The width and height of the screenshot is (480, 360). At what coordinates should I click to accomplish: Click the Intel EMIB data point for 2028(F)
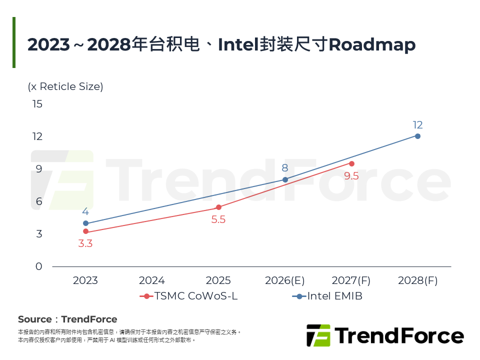point(417,136)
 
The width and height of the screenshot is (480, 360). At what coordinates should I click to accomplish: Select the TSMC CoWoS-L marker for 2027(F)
point(351,163)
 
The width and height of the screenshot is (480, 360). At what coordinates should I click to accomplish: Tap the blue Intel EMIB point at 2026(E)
point(285,179)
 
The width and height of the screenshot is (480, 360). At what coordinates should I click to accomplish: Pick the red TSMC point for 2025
point(218,207)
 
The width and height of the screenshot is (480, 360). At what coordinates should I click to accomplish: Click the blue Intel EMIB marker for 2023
point(85,223)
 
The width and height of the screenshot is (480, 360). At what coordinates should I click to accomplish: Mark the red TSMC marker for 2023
point(85,231)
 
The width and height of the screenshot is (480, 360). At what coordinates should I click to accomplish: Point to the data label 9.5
point(351,175)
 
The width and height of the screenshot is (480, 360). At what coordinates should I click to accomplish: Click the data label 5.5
point(218,219)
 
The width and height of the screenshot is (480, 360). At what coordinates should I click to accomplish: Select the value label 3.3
point(85,244)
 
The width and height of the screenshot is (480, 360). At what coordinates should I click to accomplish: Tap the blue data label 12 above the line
point(417,125)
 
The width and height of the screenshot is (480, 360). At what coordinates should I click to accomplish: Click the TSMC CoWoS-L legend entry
point(189,296)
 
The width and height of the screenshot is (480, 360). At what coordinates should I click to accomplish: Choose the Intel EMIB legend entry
point(327,296)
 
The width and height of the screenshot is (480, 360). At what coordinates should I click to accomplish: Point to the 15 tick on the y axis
point(37,104)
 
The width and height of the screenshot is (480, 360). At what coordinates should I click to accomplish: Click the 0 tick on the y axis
point(39,266)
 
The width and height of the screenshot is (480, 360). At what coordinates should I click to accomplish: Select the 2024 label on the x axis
point(152,280)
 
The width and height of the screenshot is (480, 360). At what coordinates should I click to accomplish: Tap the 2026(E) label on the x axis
point(285,280)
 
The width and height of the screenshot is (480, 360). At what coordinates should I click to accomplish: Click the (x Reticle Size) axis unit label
point(65,86)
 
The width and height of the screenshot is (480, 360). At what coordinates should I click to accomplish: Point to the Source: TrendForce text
point(67,319)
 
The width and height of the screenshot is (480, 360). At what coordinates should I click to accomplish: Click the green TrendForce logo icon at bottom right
point(318,335)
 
